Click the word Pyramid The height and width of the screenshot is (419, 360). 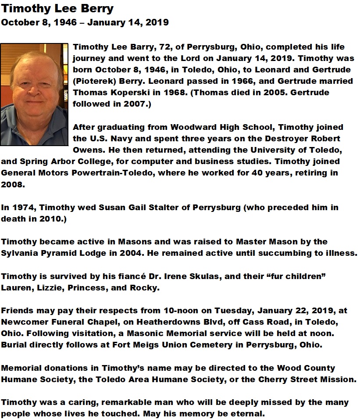coord(59,253)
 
